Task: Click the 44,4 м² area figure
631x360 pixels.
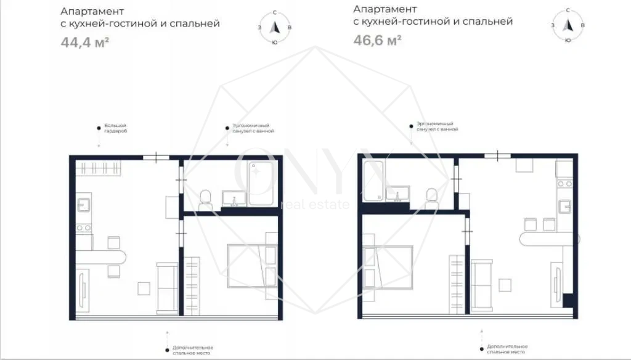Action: coord(84,43)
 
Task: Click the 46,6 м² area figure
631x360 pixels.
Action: coord(377,40)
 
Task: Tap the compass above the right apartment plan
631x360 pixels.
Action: coord(568,25)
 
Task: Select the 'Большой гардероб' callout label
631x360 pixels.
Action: coord(115,129)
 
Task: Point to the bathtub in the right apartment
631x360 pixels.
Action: coord(372,181)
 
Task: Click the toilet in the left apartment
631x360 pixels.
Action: coord(206,198)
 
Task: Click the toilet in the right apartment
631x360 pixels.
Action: coord(433,194)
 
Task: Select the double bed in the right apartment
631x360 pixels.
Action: coord(388,266)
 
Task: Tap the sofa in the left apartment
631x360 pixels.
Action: coord(167,287)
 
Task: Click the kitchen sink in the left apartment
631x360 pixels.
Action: coord(84,204)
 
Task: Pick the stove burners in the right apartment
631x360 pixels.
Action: coord(564,183)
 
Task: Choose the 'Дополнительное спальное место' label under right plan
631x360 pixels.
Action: coord(507,350)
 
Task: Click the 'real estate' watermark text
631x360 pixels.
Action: coord(314,204)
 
